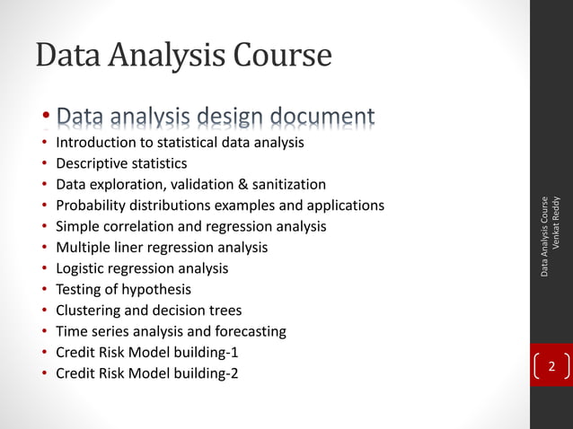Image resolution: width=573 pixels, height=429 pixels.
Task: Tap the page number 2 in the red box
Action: (551, 367)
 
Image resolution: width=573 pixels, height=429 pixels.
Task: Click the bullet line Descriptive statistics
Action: (121, 163)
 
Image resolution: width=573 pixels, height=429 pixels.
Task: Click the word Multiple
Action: (84, 247)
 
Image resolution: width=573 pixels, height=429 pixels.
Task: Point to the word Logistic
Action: (82, 268)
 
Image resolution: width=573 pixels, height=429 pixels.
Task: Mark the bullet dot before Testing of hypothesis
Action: (43, 290)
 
